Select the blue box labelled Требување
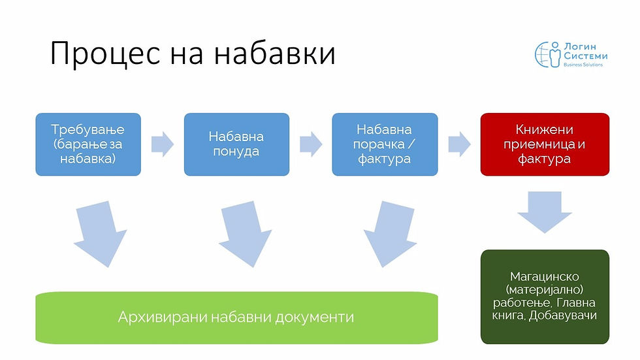(88, 144)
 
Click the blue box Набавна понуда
(236, 144)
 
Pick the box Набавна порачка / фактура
(385, 144)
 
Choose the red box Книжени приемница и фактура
(545, 144)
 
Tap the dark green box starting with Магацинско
(545, 296)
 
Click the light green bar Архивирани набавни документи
(236, 318)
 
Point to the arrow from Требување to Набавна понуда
(162, 144)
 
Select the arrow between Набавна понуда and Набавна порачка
(311, 144)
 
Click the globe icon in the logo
(547, 54)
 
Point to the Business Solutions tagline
(584, 65)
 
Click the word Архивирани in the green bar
(155, 318)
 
